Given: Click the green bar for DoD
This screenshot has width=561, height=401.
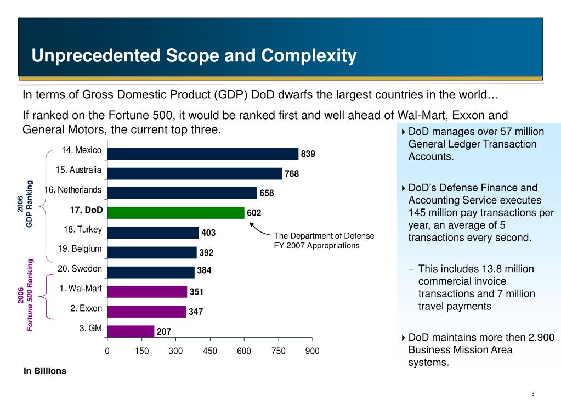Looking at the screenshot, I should tap(175, 212).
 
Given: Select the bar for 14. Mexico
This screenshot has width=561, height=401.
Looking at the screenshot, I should tap(203, 154).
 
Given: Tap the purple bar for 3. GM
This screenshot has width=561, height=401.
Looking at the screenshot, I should tap(131, 331).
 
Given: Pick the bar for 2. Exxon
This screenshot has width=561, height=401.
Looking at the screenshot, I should tap(146, 312).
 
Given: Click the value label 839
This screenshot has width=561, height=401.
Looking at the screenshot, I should tap(308, 154).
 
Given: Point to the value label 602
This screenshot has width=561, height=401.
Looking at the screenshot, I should tap(254, 213).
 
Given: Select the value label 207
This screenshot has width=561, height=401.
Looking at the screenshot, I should tap(163, 332).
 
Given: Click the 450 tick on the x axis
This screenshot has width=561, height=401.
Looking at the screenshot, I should tap(210, 351).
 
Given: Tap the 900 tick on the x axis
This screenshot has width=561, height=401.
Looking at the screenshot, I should tap(313, 351).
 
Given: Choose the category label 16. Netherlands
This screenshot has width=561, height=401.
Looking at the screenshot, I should tap(73, 190).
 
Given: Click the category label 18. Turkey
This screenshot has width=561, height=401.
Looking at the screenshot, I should tap(83, 229).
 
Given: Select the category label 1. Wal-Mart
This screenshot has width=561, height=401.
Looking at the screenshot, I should tap(80, 289).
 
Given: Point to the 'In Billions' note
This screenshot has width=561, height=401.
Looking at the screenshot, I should tap(44, 371).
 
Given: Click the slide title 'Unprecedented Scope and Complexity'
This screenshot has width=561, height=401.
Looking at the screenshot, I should tap(194, 55).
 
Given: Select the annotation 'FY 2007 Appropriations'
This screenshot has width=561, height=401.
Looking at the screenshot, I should tap(316, 245).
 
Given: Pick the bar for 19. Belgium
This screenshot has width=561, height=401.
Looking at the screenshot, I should tap(152, 252).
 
